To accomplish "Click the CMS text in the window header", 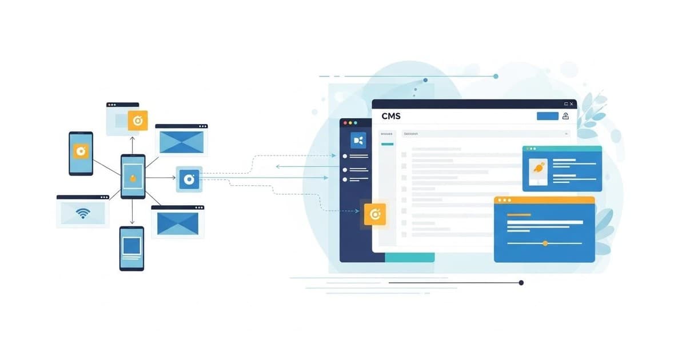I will point(391,116).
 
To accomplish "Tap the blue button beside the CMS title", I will point(548,116).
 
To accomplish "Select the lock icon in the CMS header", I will point(565,116).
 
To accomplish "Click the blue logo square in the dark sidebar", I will point(358,139).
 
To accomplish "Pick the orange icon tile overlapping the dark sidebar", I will point(375,214).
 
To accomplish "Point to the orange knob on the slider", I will point(545,243).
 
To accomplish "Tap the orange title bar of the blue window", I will point(544,200).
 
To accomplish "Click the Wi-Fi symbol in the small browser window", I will point(83,214).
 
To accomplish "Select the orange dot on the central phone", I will point(133,177).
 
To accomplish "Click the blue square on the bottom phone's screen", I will point(131,246).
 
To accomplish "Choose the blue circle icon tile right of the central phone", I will point(189,179).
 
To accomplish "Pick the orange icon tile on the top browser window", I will point(138,121).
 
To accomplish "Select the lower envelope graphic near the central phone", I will point(178,223).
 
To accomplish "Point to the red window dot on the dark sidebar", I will point(344,123).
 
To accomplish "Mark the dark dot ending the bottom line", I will point(521,282).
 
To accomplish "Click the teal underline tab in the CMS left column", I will point(387,144).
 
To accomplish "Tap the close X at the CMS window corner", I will point(572,104).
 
